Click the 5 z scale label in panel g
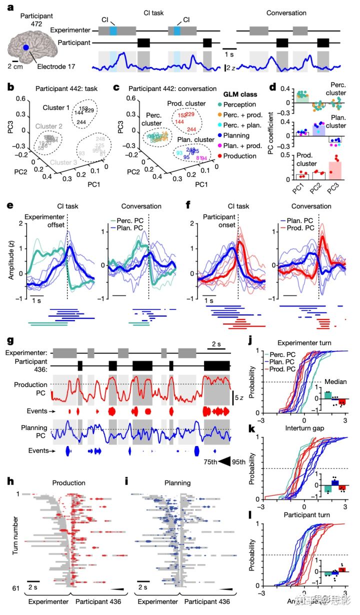238,397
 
